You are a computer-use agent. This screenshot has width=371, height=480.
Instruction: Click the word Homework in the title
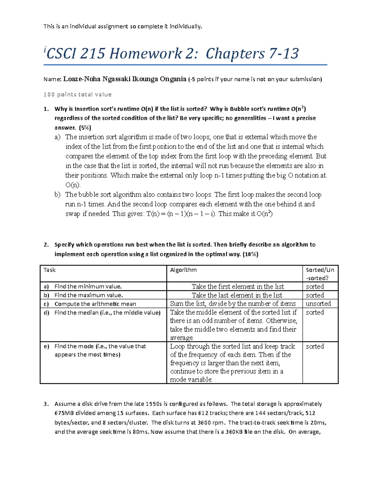tap(145, 54)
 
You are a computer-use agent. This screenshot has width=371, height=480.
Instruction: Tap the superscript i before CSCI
tap(45, 49)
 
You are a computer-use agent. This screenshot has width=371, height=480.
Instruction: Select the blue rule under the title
tap(185, 65)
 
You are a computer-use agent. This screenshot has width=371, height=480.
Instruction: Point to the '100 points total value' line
tap(77, 95)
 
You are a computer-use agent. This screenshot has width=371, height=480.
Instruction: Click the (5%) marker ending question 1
tap(85, 128)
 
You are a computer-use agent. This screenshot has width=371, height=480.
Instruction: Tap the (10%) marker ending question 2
tap(250, 254)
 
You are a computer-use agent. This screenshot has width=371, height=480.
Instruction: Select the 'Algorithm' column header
tap(183, 270)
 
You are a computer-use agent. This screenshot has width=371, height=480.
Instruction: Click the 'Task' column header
tap(49, 270)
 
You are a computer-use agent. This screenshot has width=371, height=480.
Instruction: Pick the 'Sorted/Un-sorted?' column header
tap(320, 274)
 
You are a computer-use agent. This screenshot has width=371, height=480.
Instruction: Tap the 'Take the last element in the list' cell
tap(237, 295)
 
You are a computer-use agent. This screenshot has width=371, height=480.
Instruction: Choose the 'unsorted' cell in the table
tap(318, 304)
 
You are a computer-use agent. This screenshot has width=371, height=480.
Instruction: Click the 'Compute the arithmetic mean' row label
tap(95, 304)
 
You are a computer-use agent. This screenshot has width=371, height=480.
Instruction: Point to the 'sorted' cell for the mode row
tap(315, 346)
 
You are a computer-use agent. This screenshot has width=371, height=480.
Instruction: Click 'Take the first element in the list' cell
tap(237, 287)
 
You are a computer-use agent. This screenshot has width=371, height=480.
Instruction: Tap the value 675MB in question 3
tap(65, 413)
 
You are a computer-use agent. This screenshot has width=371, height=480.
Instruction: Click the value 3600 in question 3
tap(204, 423)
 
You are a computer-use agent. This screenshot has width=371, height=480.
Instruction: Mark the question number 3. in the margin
tap(46, 404)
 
